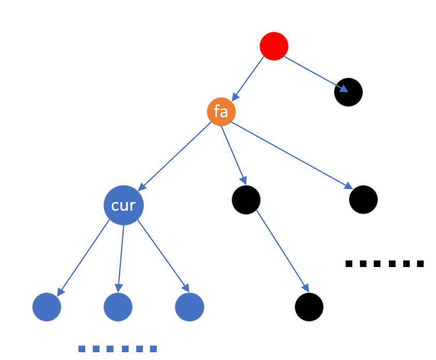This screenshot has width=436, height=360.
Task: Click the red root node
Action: click(274, 46)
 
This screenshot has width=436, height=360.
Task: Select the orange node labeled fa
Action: click(221, 112)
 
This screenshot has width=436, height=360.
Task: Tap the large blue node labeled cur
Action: click(123, 205)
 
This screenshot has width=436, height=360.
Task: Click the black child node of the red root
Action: click(349, 92)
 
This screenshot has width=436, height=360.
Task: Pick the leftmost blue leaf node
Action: click(47, 307)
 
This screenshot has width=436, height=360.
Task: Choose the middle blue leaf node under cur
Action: click(118, 307)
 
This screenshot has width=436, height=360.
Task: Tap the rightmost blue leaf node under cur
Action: click(190, 307)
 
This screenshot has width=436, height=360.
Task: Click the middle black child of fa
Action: click(246, 199)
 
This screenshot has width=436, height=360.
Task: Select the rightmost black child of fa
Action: click(363, 199)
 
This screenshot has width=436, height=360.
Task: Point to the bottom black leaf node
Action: click(309, 307)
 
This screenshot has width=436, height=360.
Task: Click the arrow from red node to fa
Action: click(248, 78)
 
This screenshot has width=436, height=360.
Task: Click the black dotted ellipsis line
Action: click(384, 264)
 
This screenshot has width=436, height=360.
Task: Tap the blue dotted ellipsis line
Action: click(117, 349)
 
